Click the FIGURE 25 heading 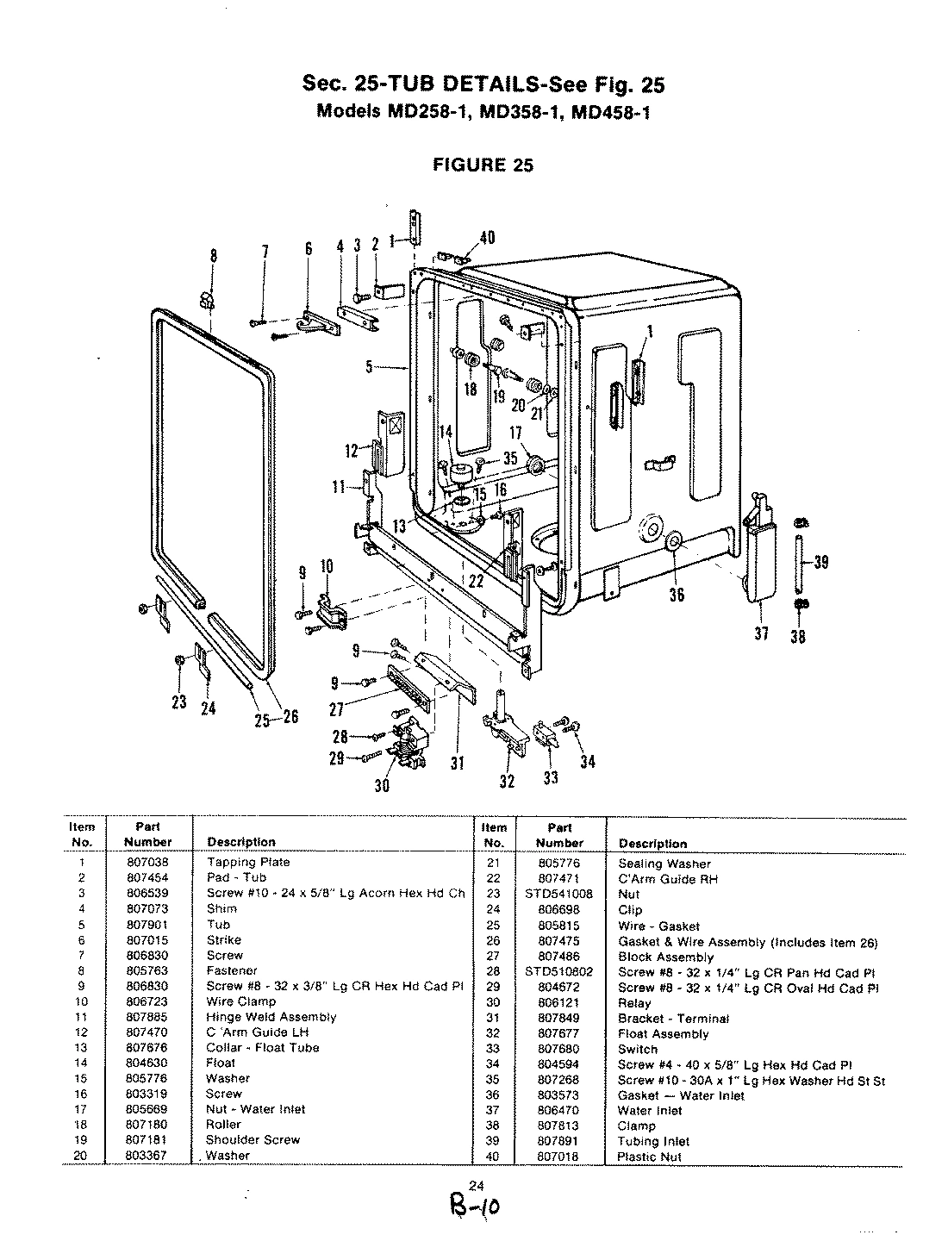click(x=483, y=165)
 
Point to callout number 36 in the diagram click(x=677, y=594)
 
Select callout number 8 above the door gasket click(x=214, y=256)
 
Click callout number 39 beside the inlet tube click(x=821, y=562)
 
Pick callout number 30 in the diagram click(x=381, y=784)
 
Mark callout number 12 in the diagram click(x=351, y=450)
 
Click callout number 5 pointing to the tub click(x=369, y=367)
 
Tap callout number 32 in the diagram click(x=507, y=781)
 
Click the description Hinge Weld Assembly click(x=271, y=1017)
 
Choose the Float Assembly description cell click(x=663, y=1034)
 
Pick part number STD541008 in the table click(x=558, y=895)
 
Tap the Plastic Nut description click(x=649, y=1157)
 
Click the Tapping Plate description click(x=248, y=863)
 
